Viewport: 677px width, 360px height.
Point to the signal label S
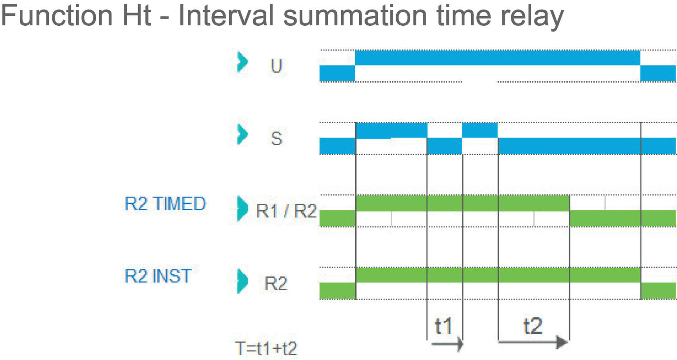click(x=276, y=138)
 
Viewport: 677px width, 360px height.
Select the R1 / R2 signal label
click(x=286, y=211)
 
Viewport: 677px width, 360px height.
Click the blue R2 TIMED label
click(x=165, y=204)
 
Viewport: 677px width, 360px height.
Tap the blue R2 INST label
click(x=158, y=276)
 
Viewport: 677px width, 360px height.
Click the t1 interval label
click(x=443, y=326)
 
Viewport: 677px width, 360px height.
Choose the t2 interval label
click(x=533, y=326)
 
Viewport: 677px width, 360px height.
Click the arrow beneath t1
click(x=447, y=345)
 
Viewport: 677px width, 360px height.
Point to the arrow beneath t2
click(x=533, y=343)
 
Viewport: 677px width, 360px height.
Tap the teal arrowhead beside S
click(x=243, y=134)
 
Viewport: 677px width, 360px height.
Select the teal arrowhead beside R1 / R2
click(x=243, y=208)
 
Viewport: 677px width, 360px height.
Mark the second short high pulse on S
click(x=480, y=130)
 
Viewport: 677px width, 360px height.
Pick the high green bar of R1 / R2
click(x=462, y=203)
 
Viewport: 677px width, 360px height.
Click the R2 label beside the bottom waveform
click(x=276, y=284)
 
